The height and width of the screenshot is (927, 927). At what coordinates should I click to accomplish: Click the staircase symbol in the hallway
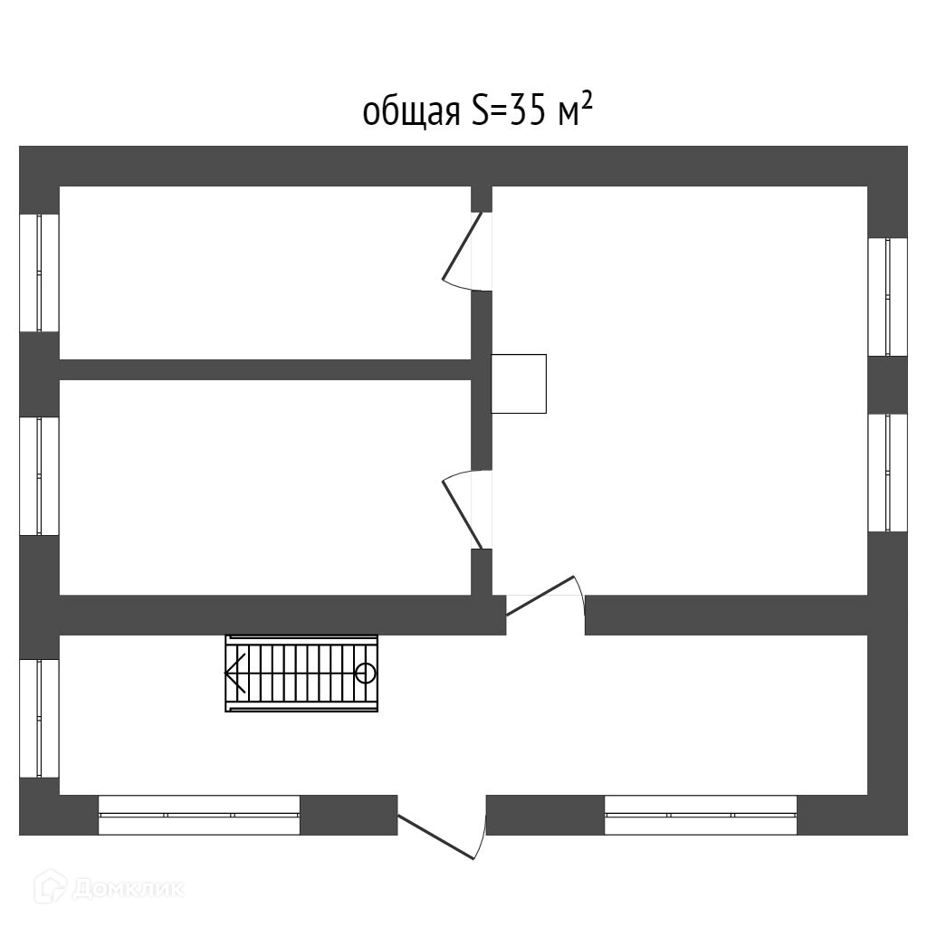click(x=301, y=674)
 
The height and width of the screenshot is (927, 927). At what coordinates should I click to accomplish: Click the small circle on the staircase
click(x=365, y=673)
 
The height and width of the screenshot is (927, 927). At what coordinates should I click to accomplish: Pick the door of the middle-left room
click(x=462, y=509)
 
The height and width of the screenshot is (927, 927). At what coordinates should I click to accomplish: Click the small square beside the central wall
click(x=519, y=384)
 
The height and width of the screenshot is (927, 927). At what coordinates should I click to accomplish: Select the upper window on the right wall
click(x=887, y=297)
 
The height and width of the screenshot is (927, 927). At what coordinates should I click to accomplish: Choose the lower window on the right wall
click(x=887, y=473)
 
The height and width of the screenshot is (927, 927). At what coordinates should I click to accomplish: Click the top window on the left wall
click(x=39, y=272)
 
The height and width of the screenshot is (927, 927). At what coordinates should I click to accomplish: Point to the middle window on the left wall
click(x=39, y=475)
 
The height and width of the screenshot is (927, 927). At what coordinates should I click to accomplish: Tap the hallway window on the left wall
click(x=39, y=718)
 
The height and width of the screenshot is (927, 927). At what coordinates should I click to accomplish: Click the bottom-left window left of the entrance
click(x=199, y=815)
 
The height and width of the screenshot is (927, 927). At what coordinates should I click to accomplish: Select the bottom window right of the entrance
click(x=701, y=815)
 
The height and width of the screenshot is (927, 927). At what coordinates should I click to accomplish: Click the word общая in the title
click(x=411, y=114)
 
